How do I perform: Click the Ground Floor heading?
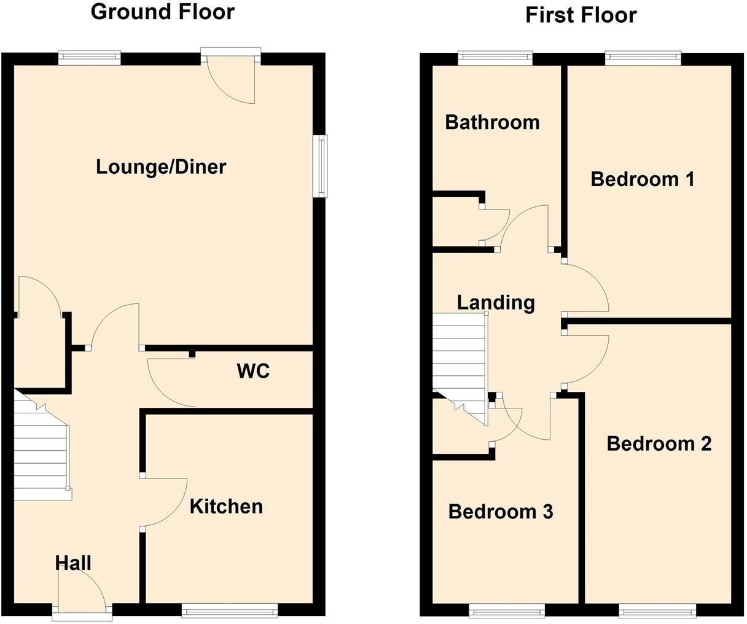(162, 12)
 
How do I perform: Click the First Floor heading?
(581, 15)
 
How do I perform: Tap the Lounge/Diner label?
(161, 166)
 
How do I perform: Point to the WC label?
(253, 371)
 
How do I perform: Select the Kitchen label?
(226, 506)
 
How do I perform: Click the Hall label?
(73, 563)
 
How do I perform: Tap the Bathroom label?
(492, 122)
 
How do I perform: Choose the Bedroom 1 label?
(642, 179)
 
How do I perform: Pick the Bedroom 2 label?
(659, 443)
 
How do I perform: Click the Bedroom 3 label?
(500, 512)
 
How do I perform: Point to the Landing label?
(496, 302)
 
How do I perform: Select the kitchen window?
(230, 610)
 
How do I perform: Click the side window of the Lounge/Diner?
(320, 166)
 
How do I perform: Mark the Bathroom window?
(495, 58)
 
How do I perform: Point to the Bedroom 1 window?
(643, 58)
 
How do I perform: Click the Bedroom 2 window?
(657, 610)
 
